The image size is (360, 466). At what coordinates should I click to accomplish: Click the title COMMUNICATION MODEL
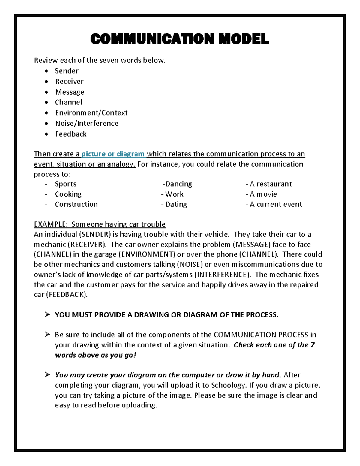[179, 39]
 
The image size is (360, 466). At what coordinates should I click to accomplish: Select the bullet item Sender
[67, 71]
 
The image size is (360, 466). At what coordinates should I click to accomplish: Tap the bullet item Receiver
[69, 81]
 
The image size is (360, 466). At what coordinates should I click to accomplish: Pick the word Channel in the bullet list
[68, 102]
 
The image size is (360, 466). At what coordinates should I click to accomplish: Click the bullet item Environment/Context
[91, 113]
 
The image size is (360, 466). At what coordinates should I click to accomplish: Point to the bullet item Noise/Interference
[87, 123]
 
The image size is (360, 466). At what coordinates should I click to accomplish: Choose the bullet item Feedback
[71, 134]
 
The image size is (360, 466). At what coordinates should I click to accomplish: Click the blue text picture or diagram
[113, 154]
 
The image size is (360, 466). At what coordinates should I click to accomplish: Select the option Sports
[66, 184]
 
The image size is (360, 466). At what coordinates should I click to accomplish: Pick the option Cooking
[68, 194]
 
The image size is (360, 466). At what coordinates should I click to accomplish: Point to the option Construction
[76, 204]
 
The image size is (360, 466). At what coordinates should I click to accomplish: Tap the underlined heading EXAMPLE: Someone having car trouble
[100, 224]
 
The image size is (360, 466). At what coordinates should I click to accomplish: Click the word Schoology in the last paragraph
[228, 385]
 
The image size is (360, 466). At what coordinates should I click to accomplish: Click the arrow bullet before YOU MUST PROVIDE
[47, 314]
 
